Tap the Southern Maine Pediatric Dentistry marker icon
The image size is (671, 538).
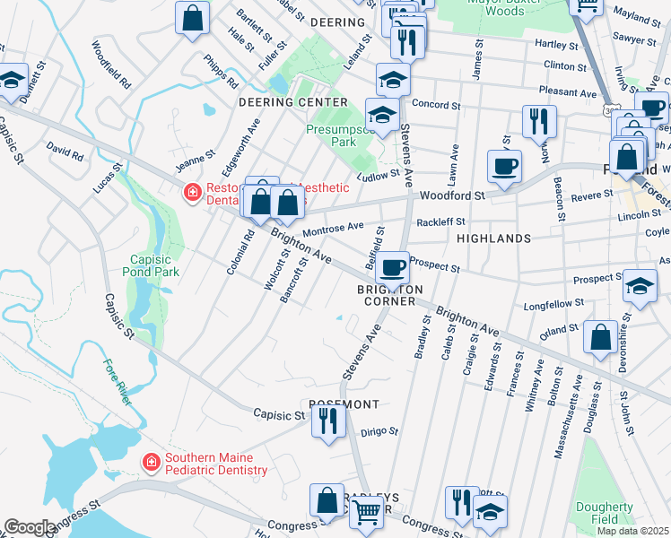[152, 461]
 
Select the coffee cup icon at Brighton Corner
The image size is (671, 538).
[392, 266]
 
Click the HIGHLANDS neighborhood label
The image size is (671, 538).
[493, 239]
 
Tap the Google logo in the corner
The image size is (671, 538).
[30, 527]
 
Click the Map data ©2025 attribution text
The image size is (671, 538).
[632, 531]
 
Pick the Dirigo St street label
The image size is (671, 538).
[379, 431]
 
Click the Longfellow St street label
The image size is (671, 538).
[555, 303]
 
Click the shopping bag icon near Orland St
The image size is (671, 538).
[600, 338]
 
